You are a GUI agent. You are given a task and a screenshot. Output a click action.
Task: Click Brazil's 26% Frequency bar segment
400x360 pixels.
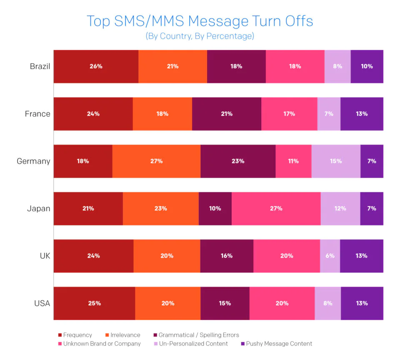96,66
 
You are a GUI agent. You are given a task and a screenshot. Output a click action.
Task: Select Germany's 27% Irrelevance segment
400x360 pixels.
156,161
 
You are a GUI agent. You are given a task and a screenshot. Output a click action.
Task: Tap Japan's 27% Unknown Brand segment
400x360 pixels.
276,208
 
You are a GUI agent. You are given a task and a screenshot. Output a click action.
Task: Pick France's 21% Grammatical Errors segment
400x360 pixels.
227,114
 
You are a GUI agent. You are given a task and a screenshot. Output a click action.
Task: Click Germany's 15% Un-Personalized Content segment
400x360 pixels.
336,161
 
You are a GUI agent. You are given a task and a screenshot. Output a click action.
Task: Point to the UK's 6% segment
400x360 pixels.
330,256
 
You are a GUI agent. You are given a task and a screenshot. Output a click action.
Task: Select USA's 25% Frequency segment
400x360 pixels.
95,303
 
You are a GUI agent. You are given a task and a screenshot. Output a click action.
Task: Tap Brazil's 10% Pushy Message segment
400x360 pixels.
367,66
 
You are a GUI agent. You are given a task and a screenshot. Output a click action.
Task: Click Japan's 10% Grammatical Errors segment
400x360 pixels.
215,208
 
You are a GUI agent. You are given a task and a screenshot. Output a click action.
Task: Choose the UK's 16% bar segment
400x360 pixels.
227,256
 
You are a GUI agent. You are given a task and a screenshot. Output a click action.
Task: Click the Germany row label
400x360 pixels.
33,161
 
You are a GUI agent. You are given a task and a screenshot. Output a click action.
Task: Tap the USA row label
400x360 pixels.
42,303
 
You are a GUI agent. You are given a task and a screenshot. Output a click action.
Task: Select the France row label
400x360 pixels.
37,114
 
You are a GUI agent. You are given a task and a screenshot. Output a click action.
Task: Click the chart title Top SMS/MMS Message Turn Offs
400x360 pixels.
200,21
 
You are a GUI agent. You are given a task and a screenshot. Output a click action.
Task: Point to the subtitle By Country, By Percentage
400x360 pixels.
200,36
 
